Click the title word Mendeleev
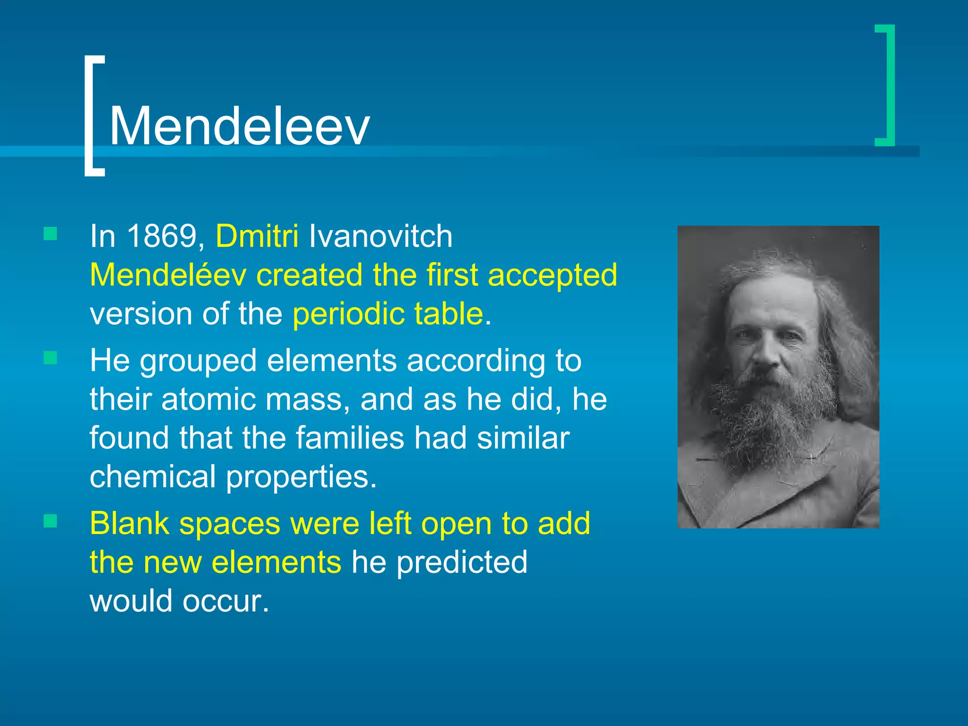239,126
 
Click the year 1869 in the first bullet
162,236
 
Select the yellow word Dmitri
257,236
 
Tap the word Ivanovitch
380,236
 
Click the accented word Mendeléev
168,275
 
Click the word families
350,438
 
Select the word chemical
153,476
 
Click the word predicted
462,562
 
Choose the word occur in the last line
225,601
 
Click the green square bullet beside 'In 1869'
50,234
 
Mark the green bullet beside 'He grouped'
50,358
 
